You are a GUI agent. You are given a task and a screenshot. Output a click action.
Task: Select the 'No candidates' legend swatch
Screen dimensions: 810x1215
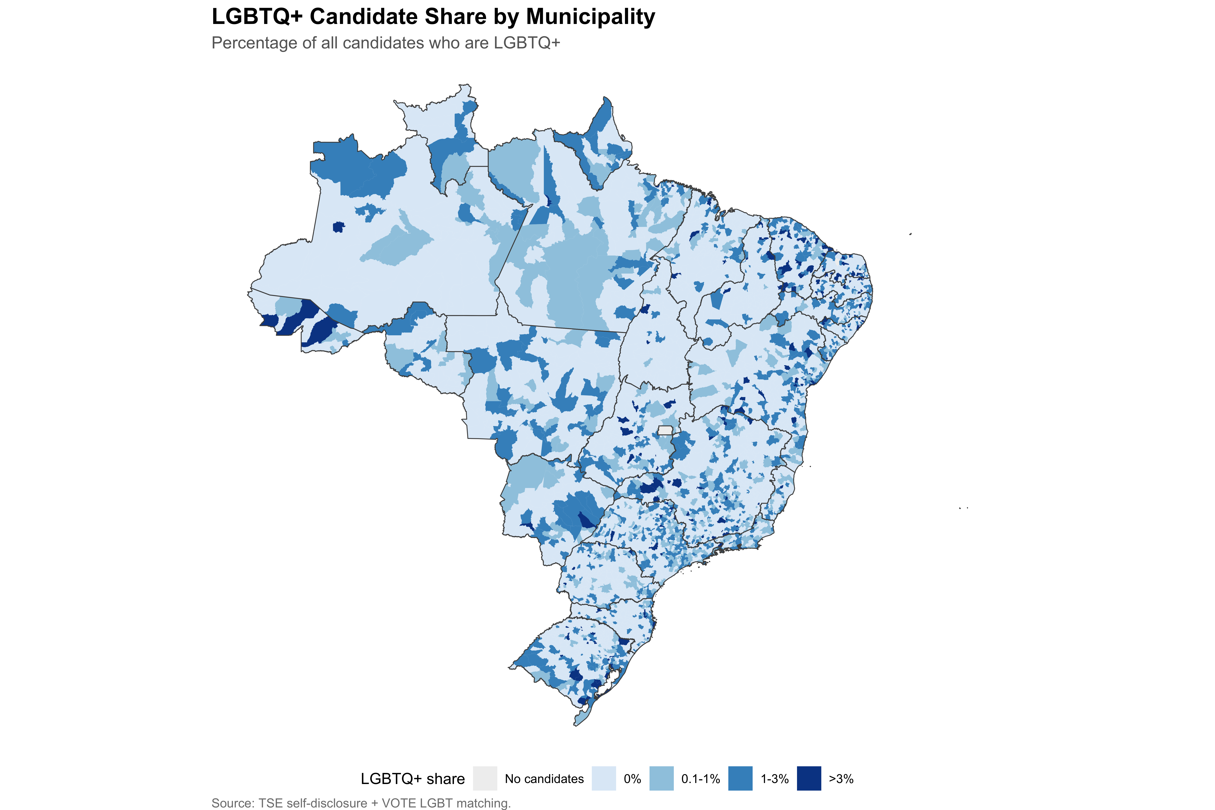(x=484, y=778)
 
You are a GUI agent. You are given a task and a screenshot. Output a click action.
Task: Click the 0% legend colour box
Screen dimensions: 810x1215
(x=604, y=778)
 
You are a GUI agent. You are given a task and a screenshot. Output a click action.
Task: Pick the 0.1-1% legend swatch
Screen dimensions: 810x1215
(x=662, y=778)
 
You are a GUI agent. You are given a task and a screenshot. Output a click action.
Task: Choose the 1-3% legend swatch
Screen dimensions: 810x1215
(x=740, y=778)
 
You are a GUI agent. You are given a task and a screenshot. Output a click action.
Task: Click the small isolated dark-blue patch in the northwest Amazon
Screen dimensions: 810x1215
(x=339, y=227)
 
